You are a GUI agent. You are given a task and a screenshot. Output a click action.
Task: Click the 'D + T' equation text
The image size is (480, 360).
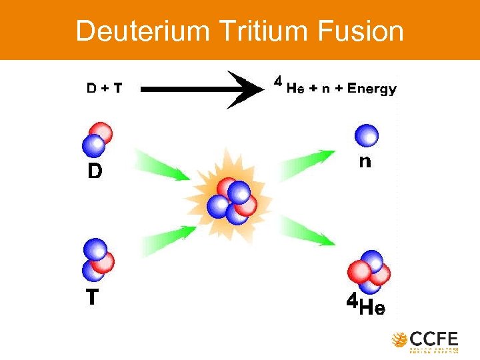tap(104, 88)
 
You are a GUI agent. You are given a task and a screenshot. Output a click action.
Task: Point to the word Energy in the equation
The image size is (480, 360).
tap(370, 89)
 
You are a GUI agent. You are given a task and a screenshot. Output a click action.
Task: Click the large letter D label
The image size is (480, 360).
tap(95, 171)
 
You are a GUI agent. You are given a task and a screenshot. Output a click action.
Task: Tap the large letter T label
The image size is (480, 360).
tap(93, 297)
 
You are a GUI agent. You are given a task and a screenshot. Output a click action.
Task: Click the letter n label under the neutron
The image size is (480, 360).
tap(365, 161)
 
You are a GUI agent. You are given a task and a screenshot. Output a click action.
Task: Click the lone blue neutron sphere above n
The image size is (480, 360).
tap(366, 135)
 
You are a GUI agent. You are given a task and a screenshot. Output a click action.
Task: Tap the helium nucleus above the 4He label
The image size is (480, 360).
tap(369, 271)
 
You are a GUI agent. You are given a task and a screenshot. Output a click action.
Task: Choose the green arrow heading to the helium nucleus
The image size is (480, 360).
tap(306, 233)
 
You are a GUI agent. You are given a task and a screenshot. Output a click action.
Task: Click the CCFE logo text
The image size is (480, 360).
tap(433, 339)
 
